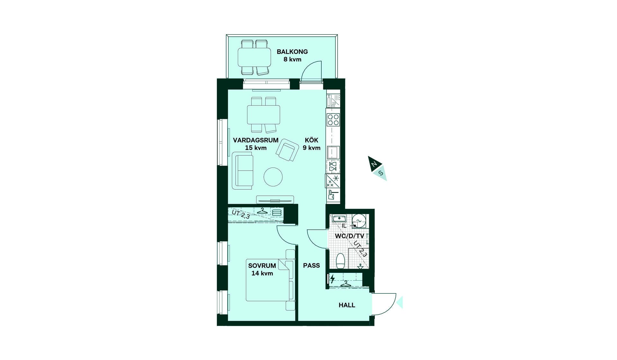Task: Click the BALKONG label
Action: coord(292,51)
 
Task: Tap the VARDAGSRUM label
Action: coord(255,140)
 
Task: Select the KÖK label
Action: coord(311,140)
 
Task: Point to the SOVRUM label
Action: coord(262,265)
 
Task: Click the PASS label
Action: coord(311,265)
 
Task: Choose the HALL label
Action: coord(347,305)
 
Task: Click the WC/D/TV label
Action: coord(350,236)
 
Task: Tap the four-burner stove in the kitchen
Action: coord(333,120)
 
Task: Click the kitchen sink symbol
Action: coord(333,152)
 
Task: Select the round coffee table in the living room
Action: coord(273,177)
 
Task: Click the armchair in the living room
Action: coord(287,150)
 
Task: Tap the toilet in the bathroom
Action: coord(340,261)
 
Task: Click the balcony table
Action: coord(254,57)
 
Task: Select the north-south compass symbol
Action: coord(378,168)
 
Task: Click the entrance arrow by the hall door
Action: coord(400,302)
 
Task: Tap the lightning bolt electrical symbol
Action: coord(333,279)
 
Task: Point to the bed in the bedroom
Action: coord(270,280)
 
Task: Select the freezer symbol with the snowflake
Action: coord(333,181)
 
